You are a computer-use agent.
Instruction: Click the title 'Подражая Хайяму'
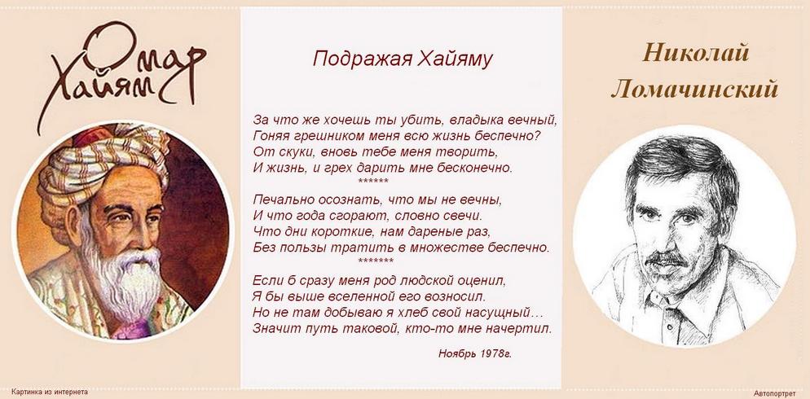(x=403, y=59)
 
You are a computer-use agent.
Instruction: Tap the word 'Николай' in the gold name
(x=696, y=53)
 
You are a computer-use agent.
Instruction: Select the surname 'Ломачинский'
(x=694, y=90)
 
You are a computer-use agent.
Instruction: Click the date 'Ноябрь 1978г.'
(x=475, y=353)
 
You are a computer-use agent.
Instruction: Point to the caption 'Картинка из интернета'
(x=50, y=392)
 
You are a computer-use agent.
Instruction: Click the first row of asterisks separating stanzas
(x=373, y=181)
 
